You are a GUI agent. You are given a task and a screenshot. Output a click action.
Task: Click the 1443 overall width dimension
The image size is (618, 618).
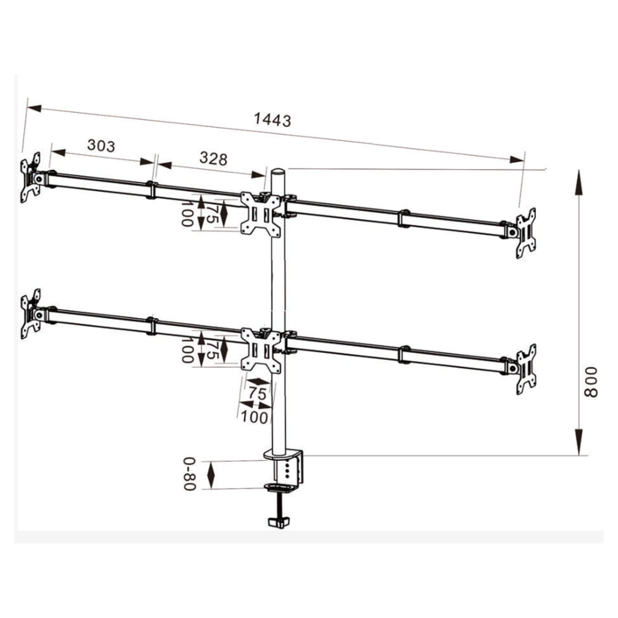pos(273,120)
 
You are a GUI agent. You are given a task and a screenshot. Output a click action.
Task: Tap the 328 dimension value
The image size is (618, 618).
pos(213,159)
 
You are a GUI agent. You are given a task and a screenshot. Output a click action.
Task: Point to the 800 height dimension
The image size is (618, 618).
pos(590,382)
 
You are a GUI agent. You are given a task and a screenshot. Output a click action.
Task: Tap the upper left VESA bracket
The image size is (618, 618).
pos(30,178)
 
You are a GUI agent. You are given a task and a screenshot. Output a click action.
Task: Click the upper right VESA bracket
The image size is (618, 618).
pos(526,233)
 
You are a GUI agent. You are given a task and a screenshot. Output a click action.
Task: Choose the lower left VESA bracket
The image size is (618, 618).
pos(31,314)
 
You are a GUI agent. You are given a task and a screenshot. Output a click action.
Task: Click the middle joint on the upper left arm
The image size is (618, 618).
pos(151,190)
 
